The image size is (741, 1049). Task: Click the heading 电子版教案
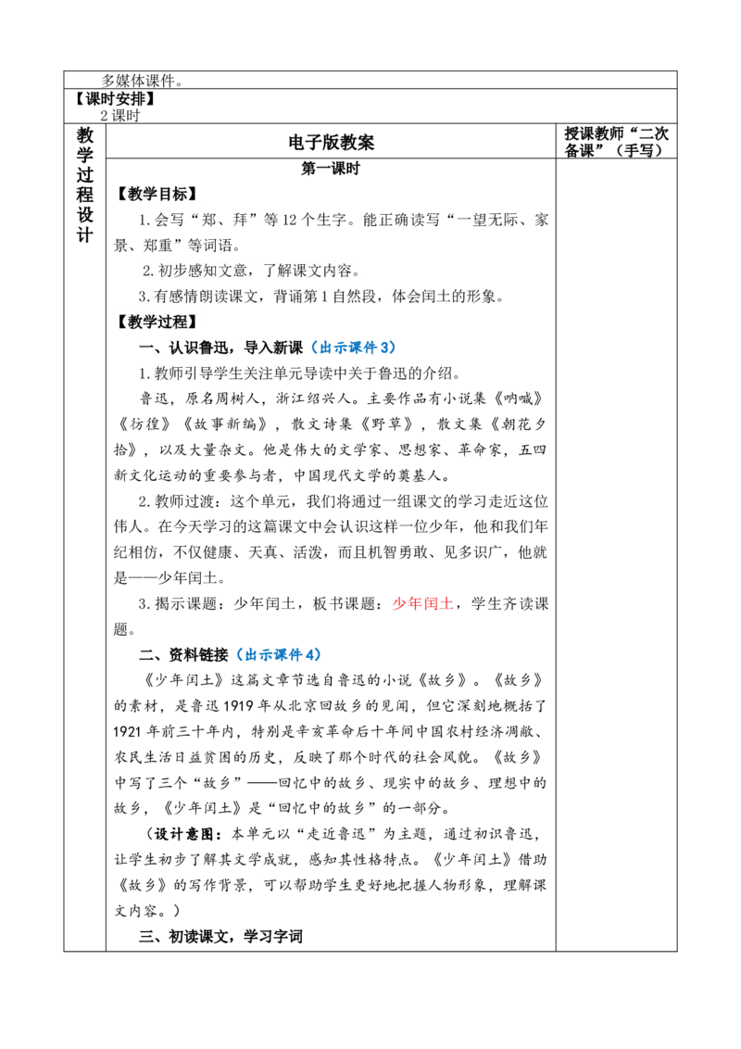pos(331,143)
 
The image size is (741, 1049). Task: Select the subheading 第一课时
pos(331,169)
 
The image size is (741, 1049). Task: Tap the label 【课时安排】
pos(114,98)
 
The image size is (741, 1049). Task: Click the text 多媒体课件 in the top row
pos(138,81)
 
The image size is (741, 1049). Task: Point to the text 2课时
pos(120,115)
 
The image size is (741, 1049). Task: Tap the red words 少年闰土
pos(422,603)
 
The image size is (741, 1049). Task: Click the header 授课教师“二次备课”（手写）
pos(616,142)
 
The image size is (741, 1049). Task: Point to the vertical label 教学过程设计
pos(85,184)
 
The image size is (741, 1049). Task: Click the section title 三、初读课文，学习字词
pos(220,936)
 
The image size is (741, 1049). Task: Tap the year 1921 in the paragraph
pos(127,731)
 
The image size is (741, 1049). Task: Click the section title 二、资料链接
pos(184,654)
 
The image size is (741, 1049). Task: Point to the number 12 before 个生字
pos(290,221)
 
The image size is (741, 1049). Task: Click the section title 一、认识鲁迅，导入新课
pos(220,348)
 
